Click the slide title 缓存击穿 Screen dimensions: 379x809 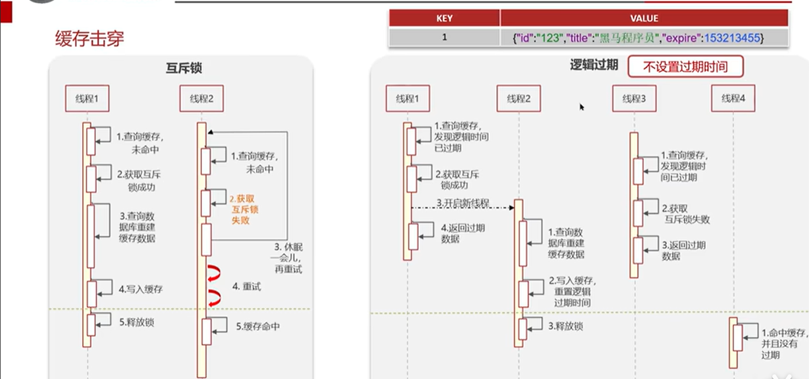[90, 38]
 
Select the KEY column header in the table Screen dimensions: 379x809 [445, 18]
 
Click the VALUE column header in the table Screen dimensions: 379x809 [644, 18]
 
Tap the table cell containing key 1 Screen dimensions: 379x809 [445, 38]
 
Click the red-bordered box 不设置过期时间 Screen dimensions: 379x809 [685, 67]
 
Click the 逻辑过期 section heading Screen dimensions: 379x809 [594, 65]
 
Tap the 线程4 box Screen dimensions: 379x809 [733, 98]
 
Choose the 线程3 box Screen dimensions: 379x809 [634, 98]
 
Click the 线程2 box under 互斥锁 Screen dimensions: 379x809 [201, 98]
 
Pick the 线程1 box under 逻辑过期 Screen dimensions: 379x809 [407, 98]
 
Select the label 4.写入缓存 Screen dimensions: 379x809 [141, 289]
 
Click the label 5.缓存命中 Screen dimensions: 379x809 [258, 327]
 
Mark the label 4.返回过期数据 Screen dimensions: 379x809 [462, 233]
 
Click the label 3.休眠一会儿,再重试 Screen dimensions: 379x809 [288, 258]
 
